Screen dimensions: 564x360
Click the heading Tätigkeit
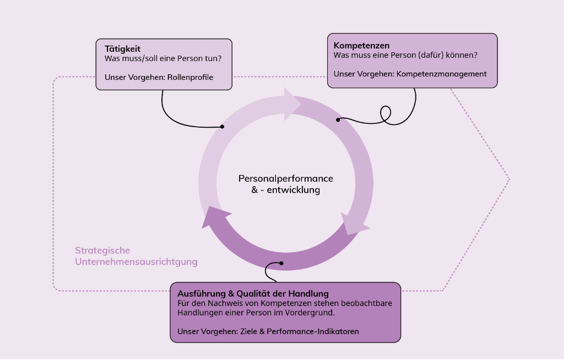pyautogui.click(x=122, y=49)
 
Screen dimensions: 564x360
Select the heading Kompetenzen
pyautogui.click(x=361, y=45)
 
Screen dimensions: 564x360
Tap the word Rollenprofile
pyautogui.click(x=190, y=77)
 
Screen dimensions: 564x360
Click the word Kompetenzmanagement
pyautogui.click(x=441, y=74)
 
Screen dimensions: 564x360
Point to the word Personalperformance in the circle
pyautogui.click(x=286, y=178)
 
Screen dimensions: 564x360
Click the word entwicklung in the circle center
pyautogui.click(x=294, y=190)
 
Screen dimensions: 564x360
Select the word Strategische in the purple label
pyautogui.click(x=102, y=250)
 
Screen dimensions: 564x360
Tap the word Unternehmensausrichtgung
pyautogui.click(x=137, y=261)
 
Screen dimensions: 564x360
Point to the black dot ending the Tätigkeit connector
pyautogui.click(x=223, y=127)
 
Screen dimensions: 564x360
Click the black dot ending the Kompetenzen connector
pyautogui.click(x=338, y=120)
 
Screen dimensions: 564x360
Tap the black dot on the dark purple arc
pyautogui.click(x=281, y=263)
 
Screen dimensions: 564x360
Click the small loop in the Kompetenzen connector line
pyautogui.click(x=386, y=113)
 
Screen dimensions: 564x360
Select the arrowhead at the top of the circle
pyautogui.click(x=292, y=104)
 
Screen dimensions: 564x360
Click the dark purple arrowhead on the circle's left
pyautogui.click(x=215, y=217)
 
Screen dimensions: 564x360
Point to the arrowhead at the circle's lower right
pyautogui.click(x=354, y=225)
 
